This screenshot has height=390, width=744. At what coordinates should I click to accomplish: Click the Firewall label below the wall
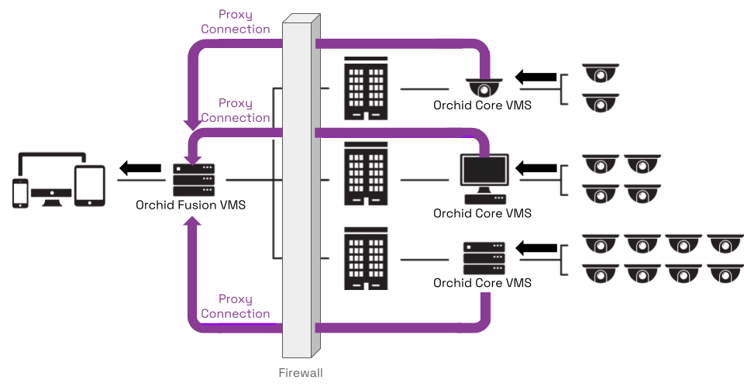[x=300, y=373]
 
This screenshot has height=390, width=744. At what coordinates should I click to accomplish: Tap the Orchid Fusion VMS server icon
[x=193, y=180]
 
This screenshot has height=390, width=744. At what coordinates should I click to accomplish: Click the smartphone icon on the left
[x=20, y=193]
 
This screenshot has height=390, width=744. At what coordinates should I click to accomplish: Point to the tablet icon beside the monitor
[x=89, y=186]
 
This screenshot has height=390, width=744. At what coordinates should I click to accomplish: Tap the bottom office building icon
[x=366, y=258]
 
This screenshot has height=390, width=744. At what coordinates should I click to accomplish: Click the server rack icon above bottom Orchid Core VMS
[x=484, y=258]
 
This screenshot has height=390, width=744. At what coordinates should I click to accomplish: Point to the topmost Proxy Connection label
[x=236, y=22]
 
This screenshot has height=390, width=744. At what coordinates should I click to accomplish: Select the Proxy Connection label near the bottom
[x=236, y=306]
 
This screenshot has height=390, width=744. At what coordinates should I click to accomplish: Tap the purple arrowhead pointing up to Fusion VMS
[x=193, y=223]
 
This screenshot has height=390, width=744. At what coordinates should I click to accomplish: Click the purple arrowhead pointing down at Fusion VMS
[x=193, y=123]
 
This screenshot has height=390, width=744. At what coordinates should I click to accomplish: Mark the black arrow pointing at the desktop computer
[x=536, y=167]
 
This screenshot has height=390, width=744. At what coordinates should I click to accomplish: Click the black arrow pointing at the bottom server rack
[x=536, y=248]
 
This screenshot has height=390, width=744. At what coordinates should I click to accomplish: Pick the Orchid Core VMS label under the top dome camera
[x=482, y=105]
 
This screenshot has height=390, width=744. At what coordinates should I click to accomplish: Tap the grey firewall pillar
[x=300, y=194]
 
